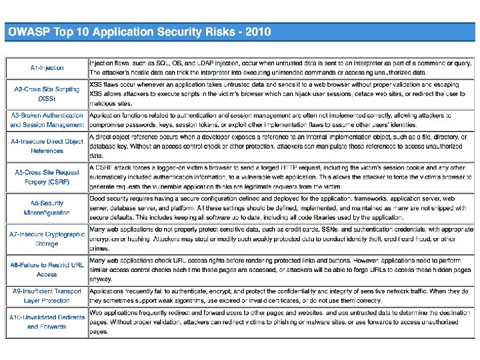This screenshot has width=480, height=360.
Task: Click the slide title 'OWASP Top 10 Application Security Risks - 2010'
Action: (139, 32)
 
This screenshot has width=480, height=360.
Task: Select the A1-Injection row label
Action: (47, 67)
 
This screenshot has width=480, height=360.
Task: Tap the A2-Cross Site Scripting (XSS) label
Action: (47, 93)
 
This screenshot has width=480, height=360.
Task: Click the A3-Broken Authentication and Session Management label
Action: (47, 120)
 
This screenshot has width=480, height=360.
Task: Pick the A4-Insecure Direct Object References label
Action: (47, 146)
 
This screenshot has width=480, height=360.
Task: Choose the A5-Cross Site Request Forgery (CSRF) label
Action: (47, 177)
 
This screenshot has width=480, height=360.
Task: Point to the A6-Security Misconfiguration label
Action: (47, 208)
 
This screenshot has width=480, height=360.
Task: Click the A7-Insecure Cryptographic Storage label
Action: (47, 239)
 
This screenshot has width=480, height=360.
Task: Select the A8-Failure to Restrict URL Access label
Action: (47, 269)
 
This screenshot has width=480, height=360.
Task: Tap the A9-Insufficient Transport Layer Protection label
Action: (47, 296)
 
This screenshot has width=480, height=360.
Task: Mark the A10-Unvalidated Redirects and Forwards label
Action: (47, 322)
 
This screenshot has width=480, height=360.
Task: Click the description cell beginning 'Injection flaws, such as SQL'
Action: (281, 67)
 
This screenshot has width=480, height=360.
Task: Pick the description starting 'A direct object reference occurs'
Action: (281, 146)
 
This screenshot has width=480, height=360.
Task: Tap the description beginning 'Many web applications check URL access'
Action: (281, 269)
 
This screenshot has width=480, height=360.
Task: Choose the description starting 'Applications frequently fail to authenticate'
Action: (281, 296)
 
